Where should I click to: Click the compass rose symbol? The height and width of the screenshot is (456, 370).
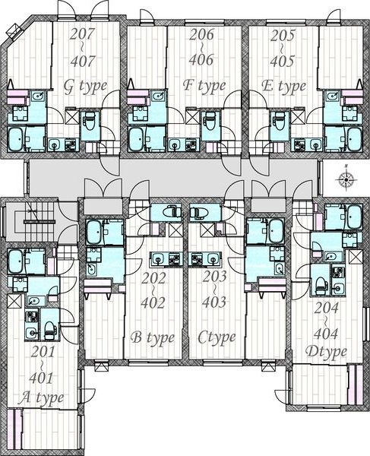tap(346, 179)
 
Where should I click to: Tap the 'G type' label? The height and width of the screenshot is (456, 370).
tap(85, 87)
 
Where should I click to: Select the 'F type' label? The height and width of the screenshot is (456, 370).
tap(204, 85)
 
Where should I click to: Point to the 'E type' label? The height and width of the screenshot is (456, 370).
tap(283, 86)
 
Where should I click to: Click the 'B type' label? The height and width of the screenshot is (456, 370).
tap(152, 338)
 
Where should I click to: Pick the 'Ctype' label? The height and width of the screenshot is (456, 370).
tap(217, 338)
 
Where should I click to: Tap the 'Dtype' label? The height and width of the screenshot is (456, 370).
tap(326, 352)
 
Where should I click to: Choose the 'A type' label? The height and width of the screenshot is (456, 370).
tap(41, 397)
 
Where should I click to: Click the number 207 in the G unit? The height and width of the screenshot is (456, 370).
tap(83, 35)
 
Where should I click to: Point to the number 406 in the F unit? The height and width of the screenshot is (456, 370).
tap(201, 59)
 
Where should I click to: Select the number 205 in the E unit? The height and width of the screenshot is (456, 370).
tap(283, 36)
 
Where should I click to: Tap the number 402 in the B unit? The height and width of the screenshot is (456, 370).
tap(153, 302)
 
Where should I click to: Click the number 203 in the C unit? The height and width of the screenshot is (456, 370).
tap(214, 277)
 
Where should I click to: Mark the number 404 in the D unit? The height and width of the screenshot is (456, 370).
tap(326, 334)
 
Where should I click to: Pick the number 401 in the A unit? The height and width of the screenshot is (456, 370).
tap(42, 378)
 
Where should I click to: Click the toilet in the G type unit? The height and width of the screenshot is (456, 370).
tap(90, 121)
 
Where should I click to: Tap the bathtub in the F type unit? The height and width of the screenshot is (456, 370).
tap(136, 139)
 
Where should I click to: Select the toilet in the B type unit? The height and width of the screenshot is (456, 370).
tap(172, 212)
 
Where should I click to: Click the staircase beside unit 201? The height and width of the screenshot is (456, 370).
tap(40, 221)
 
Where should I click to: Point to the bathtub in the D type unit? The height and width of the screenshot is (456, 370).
tap(354, 217)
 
